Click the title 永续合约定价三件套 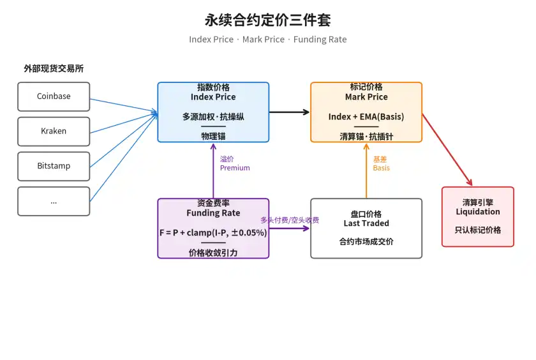(268, 20)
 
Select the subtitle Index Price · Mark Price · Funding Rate (268, 40)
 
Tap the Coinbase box (54, 96)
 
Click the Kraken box (54, 131)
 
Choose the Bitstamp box (54, 166)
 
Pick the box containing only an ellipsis (54, 201)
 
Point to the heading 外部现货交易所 (54, 69)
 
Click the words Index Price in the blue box (213, 97)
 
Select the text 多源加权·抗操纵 (213, 117)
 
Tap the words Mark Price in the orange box (366, 97)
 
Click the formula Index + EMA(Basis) (366, 117)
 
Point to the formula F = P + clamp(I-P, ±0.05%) (213, 233)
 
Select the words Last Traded (366, 223)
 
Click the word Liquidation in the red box (478, 212)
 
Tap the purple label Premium (235, 168)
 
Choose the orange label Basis (382, 168)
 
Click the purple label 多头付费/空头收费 (290, 220)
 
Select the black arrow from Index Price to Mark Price (289, 112)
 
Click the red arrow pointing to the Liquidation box (447, 150)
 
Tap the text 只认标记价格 (478, 230)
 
